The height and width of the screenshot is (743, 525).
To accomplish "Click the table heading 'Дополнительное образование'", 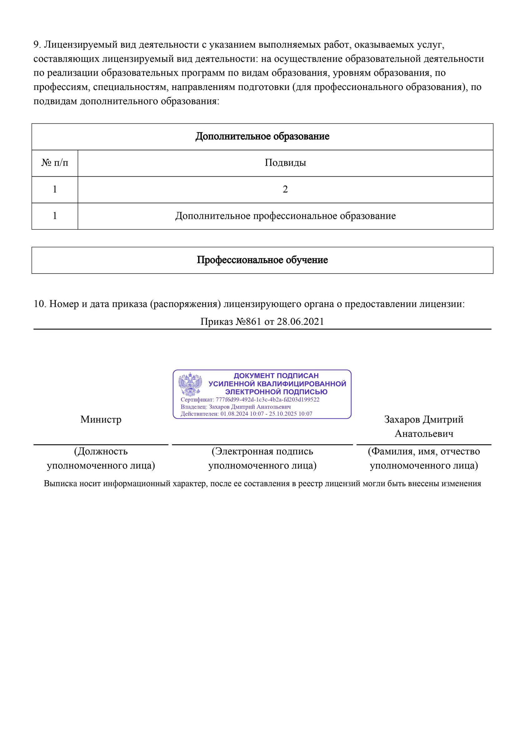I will click(x=262, y=136).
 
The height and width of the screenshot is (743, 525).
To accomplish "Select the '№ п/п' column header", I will click(x=55, y=163).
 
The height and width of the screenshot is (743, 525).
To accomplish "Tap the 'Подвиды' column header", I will click(x=285, y=163).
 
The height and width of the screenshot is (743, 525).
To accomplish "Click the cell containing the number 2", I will click(x=285, y=189).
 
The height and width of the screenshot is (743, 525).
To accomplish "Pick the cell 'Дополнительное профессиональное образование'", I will click(x=285, y=216).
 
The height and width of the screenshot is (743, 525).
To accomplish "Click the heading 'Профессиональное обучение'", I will click(x=262, y=260).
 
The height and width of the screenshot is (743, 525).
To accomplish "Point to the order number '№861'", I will click(x=248, y=321).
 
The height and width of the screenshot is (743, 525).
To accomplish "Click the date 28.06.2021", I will click(x=300, y=321).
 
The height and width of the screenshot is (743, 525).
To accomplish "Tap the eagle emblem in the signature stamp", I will click(x=190, y=384).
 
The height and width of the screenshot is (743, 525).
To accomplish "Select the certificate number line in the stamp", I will click(x=250, y=400).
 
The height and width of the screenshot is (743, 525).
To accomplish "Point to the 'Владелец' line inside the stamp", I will click(x=236, y=407).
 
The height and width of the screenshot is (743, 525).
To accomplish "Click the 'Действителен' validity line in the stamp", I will click(x=246, y=414).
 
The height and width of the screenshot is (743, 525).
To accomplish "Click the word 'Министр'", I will click(x=101, y=419).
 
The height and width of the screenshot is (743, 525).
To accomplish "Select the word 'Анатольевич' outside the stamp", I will click(x=424, y=434).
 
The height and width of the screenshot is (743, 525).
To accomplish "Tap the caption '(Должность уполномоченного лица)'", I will click(x=101, y=458).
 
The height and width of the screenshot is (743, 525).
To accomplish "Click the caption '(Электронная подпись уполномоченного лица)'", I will click(x=262, y=458).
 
